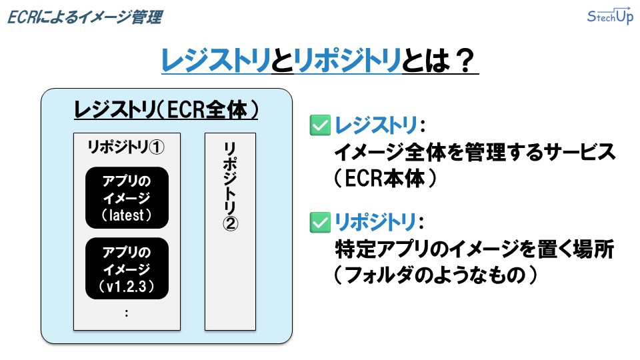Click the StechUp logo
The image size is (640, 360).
pyautogui.click(x=609, y=17)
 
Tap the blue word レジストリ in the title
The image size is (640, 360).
pyautogui.click(x=216, y=63)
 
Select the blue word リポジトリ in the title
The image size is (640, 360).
pyautogui.click(x=347, y=63)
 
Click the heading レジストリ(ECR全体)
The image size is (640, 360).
pyautogui.click(x=166, y=110)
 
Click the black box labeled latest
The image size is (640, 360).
pyautogui.click(x=127, y=197)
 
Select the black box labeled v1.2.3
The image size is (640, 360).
pyautogui.click(x=127, y=269)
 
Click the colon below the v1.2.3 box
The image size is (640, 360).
pyautogui.click(x=127, y=313)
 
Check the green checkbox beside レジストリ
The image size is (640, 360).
pyautogui.click(x=321, y=125)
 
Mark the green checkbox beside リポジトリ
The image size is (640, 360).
pyautogui.click(x=321, y=222)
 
